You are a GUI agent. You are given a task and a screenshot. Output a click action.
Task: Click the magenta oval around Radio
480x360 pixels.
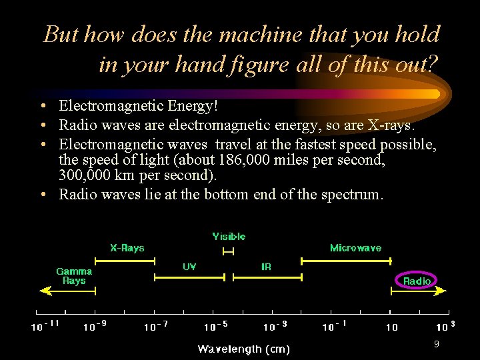coord(417,281)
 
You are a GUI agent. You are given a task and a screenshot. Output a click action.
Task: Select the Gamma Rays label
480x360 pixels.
coord(74,276)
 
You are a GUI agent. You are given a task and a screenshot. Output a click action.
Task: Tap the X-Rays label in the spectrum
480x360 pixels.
coord(127,248)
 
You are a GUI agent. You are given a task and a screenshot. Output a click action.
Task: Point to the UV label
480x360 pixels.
coord(189,267)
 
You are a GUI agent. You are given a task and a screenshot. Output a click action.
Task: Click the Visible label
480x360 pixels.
coord(229,237)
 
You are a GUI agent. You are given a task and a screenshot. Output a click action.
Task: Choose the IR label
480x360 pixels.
coord(266,267)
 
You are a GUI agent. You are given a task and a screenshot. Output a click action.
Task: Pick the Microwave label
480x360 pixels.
coord(355,248)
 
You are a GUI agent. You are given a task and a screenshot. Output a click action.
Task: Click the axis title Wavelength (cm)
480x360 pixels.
coord(244,349)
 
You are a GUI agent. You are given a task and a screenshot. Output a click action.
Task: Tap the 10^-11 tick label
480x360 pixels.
coord(45,327)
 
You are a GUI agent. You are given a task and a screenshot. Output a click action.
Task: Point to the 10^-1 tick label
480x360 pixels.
coord(335,327)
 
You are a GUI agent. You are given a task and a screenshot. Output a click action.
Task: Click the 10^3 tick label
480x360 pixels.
coord(445,327)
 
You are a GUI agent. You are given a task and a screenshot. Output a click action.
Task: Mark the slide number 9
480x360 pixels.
coord(436,344)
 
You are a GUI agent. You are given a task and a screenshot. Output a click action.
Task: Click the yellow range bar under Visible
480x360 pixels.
coord(229,251)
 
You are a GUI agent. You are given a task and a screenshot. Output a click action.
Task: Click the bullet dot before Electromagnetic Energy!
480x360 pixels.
coord(42,106)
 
